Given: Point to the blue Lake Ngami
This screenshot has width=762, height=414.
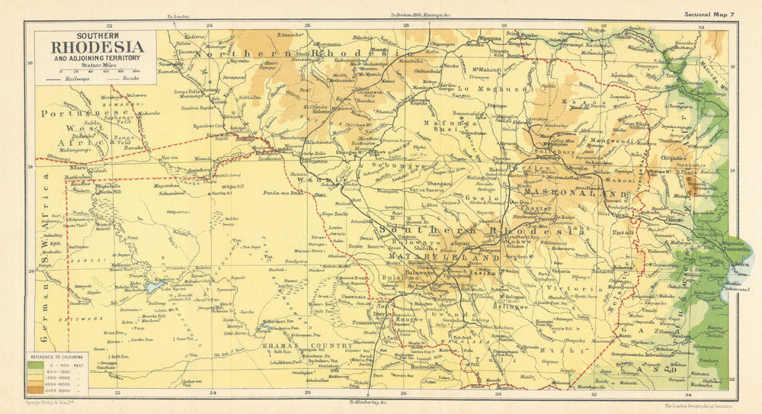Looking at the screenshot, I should point(155,288).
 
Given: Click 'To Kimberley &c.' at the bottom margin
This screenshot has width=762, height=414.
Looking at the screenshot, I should point(373,401).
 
